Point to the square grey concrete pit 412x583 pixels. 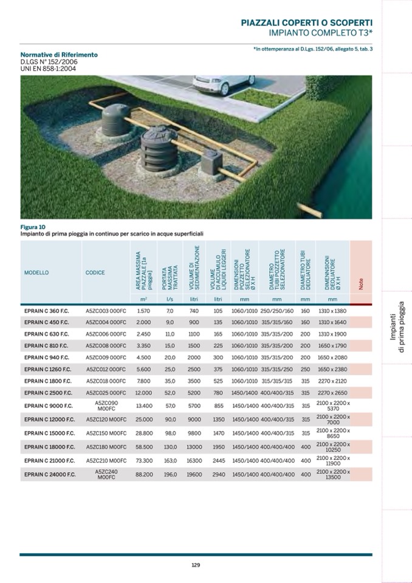(215, 160)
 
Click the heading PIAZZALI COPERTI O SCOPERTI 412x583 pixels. (307, 22)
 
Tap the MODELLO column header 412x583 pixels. (36, 273)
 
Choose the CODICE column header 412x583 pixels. (95, 273)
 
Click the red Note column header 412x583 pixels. (361, 273)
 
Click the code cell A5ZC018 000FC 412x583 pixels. (106, 381)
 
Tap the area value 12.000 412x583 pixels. (143, 392)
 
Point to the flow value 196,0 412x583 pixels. (170, 474)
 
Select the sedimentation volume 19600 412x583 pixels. (194, 474)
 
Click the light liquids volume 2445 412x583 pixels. (219, 460)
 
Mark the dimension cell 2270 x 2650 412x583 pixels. (332, 392)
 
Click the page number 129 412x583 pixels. (196, 564)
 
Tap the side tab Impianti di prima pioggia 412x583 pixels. (396, 333)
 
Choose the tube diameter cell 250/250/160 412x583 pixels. (277, 311)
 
